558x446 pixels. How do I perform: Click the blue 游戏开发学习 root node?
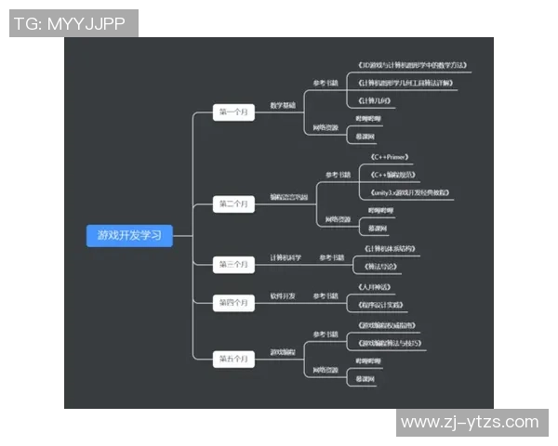(x=129, y=235)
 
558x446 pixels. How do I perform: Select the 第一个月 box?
(x=233, y=112)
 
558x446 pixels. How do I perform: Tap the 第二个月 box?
(x=233, y=203)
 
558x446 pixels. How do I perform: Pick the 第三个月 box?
(x=233, y=265)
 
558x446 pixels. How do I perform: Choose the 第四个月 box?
(x=233, y=302)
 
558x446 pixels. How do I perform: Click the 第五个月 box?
(x=233, y=357)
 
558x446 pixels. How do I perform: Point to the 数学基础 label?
(x=283, y=105)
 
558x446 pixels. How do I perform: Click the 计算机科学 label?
(x=286, y=257)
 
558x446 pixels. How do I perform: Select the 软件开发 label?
(x=283, y=295)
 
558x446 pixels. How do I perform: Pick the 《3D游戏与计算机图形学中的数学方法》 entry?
(x=412, y=66)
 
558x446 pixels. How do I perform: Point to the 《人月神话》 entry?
(x=377, y=287)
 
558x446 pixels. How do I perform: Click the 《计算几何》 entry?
(x=377, y=99)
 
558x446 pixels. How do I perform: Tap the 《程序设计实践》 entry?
(x=383, y=304)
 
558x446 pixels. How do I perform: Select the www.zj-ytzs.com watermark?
(x=469, y=423)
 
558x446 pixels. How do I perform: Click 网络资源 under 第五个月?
(x=325, y=370)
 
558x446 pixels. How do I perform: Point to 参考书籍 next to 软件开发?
(x=325, y=295)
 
